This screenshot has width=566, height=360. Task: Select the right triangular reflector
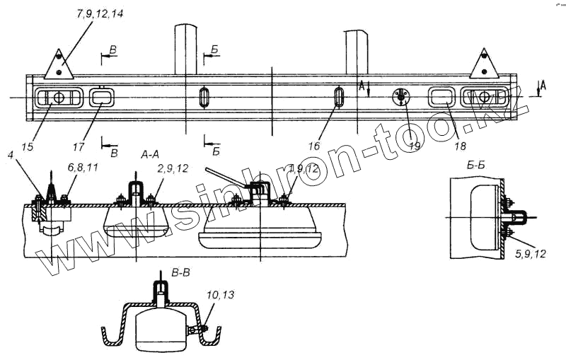485,64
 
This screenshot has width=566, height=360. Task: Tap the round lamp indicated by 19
401,98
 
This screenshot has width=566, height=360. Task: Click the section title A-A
154,153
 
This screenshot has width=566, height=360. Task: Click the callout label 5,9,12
530,251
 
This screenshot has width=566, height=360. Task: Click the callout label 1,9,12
305,169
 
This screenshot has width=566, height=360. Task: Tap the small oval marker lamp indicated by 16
339,98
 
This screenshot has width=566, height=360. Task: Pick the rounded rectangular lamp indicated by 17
102,97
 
